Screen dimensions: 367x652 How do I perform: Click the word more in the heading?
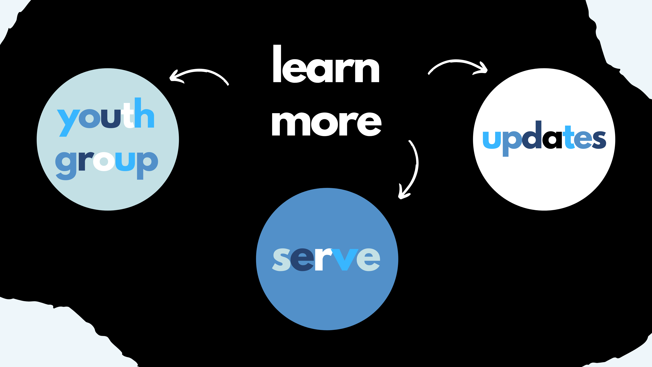(327, 124)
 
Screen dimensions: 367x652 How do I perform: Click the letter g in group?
(66, 165)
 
